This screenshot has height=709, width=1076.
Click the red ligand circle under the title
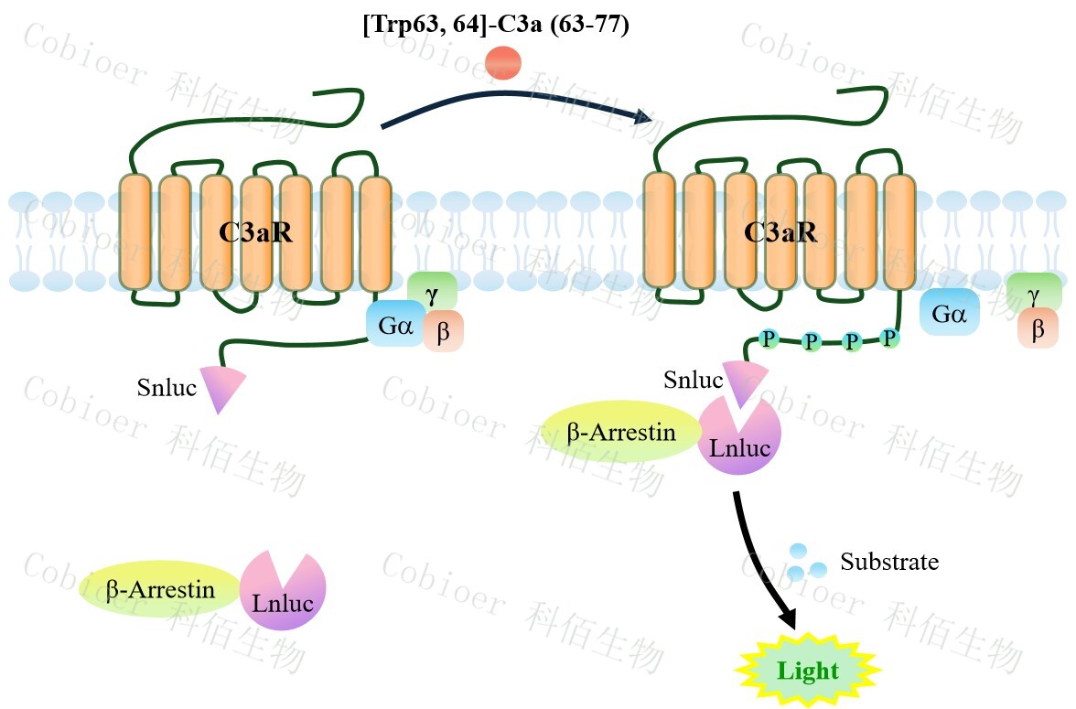(x=503, y=64)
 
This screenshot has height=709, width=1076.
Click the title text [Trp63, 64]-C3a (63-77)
(x=496, y=26)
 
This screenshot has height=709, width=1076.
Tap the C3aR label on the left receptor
(x=255, y=233)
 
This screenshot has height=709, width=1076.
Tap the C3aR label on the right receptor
(x=780, y=233)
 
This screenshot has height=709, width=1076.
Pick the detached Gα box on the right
(x=950, y=312)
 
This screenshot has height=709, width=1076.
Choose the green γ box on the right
(x=1034, y=292)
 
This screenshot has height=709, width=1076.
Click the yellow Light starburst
(x=807, y=671)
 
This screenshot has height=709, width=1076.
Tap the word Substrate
(x=889, y=562)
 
